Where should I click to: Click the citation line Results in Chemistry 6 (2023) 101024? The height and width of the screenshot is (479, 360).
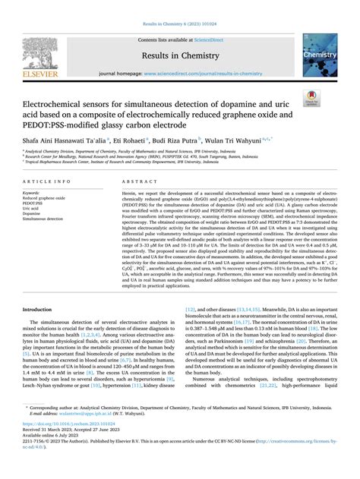(x=179, y=5)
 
